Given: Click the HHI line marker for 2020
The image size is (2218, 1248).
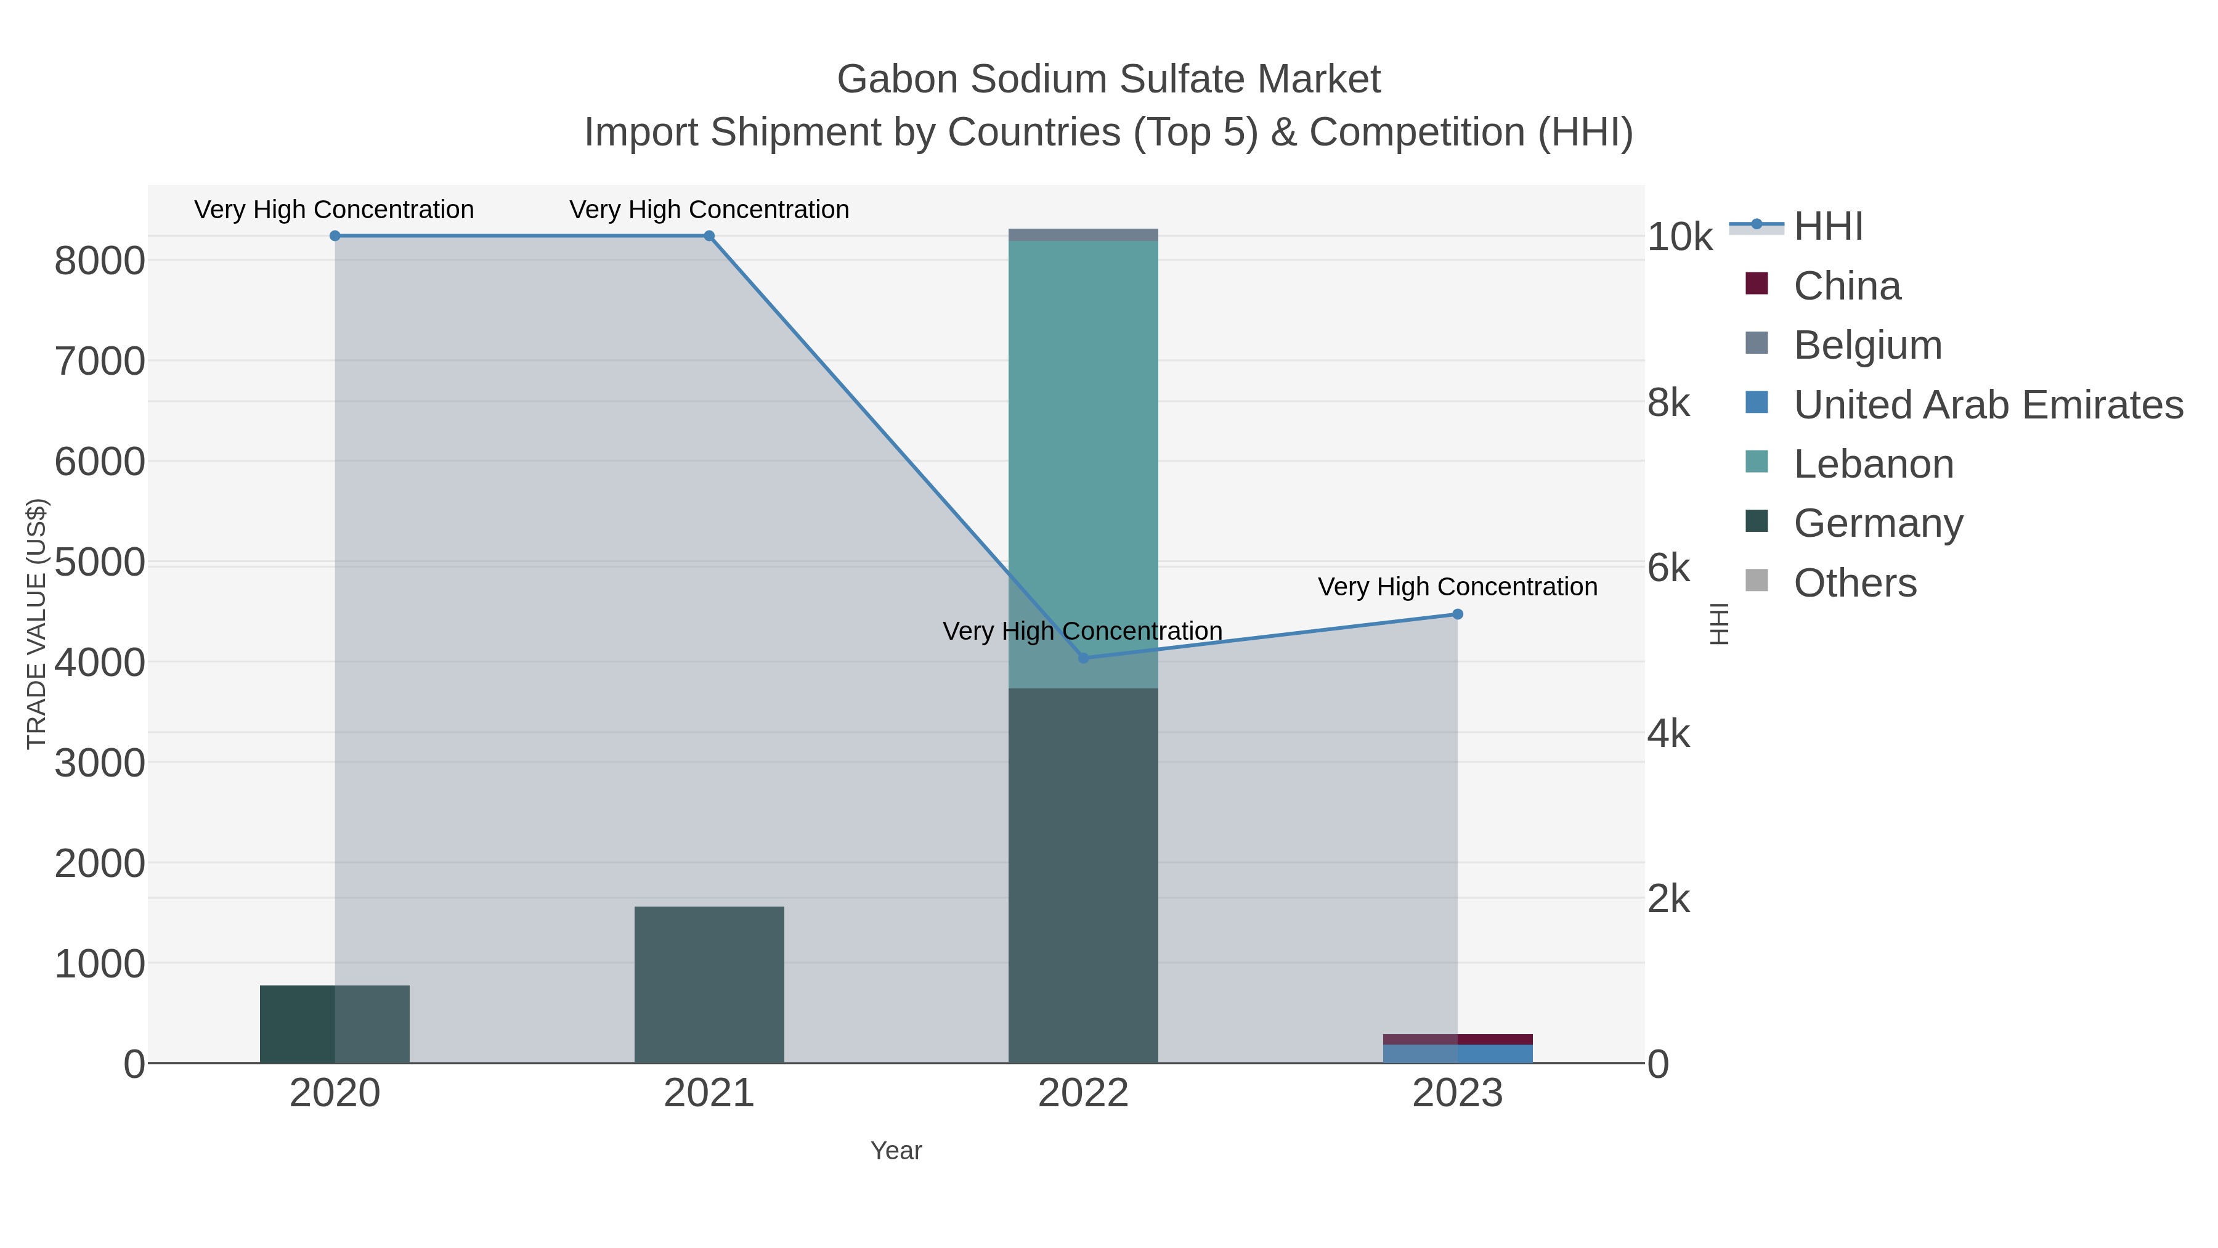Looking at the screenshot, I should pos(335,236).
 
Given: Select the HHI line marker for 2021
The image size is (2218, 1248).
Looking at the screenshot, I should pos(709,236).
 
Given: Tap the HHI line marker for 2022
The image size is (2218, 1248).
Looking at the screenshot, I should pos(1083,658).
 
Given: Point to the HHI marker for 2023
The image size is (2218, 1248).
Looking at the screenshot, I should pos(1457,614).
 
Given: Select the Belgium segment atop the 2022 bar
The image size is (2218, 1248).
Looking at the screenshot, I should pos(1083,235).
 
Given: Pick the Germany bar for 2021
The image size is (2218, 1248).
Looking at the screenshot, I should pos(709,984).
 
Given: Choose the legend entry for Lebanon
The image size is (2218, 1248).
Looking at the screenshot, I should pos(1873,464).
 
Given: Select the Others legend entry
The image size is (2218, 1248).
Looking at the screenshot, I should pos(1854,583).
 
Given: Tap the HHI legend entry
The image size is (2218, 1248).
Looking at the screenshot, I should pos(1827,227).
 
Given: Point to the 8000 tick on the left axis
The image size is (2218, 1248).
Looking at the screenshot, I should pos(100,261).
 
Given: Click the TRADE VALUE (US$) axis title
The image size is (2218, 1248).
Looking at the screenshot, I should pos(36,624).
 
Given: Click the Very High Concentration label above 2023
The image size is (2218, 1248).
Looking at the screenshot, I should pos(1457,587).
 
